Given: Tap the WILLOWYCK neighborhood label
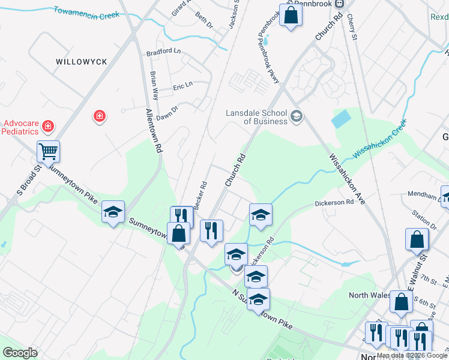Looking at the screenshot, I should click(x=81, y=62).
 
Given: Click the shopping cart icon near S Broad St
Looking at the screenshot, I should click(x=48, y=151).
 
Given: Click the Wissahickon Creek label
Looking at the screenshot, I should click(x=379, y=138).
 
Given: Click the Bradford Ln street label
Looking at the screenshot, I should click(x=163, y=52).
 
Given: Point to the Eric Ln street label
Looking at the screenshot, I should click(x=182, y=85).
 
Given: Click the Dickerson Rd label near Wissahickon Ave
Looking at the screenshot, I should click(x=334, y=203).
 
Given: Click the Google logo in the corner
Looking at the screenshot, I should click(x=20, y=353).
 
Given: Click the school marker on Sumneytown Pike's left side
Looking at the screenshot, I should click(x=113, y=211).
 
